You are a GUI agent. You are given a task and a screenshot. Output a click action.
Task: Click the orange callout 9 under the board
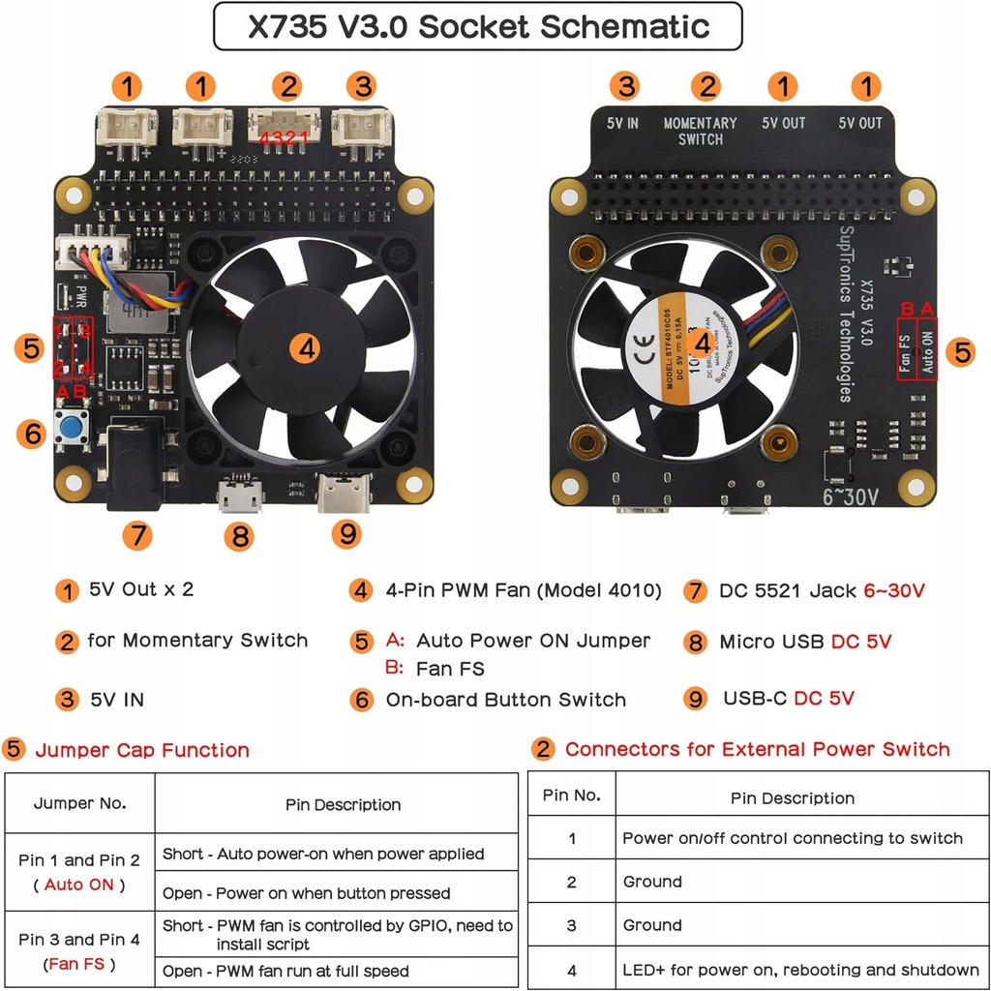click(345, 531)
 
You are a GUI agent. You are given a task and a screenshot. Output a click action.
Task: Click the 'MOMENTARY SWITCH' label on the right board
click(700, 131)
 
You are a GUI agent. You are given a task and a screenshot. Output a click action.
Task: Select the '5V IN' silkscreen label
click(622, 123)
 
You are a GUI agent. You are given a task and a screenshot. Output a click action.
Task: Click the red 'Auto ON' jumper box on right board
click(926, 350)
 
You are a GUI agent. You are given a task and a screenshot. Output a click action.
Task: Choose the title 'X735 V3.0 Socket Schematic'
click(478, 26)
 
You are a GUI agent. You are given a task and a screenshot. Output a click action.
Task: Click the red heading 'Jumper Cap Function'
click(142, 750)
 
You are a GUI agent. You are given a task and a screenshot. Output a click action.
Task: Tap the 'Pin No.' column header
click(571, 796)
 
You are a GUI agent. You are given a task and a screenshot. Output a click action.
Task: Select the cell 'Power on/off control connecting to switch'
click(792, 838)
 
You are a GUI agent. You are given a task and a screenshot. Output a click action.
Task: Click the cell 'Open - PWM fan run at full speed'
click(285, 971)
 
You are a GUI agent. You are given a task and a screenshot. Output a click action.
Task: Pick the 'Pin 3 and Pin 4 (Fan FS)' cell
click(79, 951)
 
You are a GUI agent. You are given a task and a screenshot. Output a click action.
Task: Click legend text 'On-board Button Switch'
click(505, 700)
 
